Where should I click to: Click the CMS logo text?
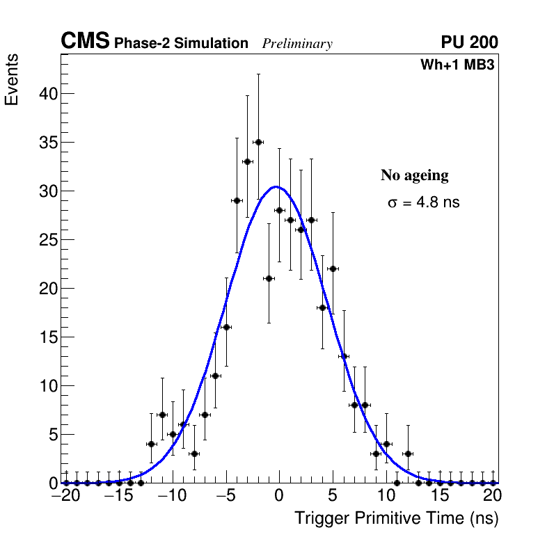click(85, 42)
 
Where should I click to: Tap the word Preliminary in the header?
click(297, 44)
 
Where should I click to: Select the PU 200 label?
click(469, 42)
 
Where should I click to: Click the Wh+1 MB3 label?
click(457, 65)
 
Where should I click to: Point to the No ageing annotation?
click(414, 175)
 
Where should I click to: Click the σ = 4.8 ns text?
click(423, 203)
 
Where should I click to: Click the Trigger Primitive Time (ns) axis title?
click(396, 518)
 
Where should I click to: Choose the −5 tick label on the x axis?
click(225, 496)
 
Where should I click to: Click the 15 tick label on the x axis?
click(440, 496)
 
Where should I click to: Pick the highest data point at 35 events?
click(258, 142)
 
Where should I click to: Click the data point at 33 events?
click(247, 161)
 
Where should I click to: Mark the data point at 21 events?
click(269, 278)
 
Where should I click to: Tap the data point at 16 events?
click(226, 327)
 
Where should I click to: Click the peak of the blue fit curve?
click(276, 186)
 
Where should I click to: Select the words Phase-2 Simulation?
click(181, 44)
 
